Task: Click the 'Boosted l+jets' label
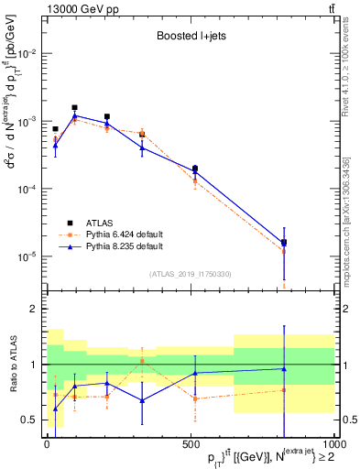pyautogui.click(x=187, y=38)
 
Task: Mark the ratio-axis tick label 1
pyautogui.click(x=33, y=365)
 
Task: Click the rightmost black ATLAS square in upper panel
pyautogui.click(x=284, y=243)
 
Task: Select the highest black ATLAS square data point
pyautogui.click(x=74, y=107)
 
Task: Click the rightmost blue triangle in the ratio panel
pyautogui.click(x=284, y=369)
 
